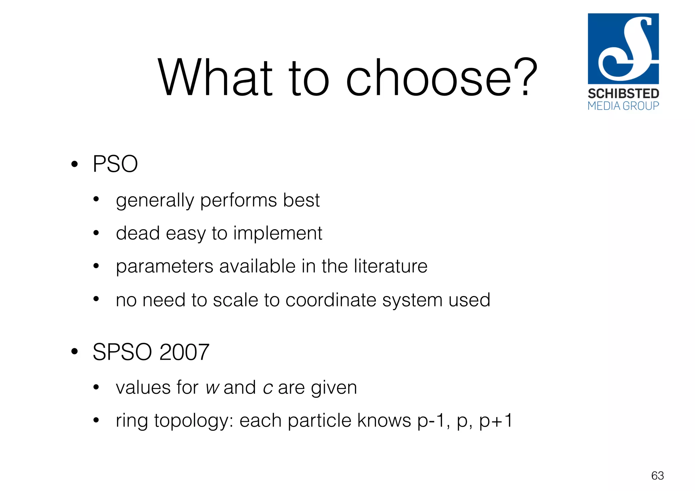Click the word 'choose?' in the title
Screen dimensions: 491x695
441,78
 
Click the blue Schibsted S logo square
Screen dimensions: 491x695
623,48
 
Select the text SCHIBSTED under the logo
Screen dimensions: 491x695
623,94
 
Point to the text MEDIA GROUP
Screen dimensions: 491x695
623,106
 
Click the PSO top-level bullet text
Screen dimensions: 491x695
115,164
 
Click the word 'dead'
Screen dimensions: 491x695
138,233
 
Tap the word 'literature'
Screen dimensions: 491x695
390,266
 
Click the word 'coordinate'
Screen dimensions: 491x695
331,300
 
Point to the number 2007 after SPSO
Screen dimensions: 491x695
184,352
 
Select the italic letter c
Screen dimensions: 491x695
268,388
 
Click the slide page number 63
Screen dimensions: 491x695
657,476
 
